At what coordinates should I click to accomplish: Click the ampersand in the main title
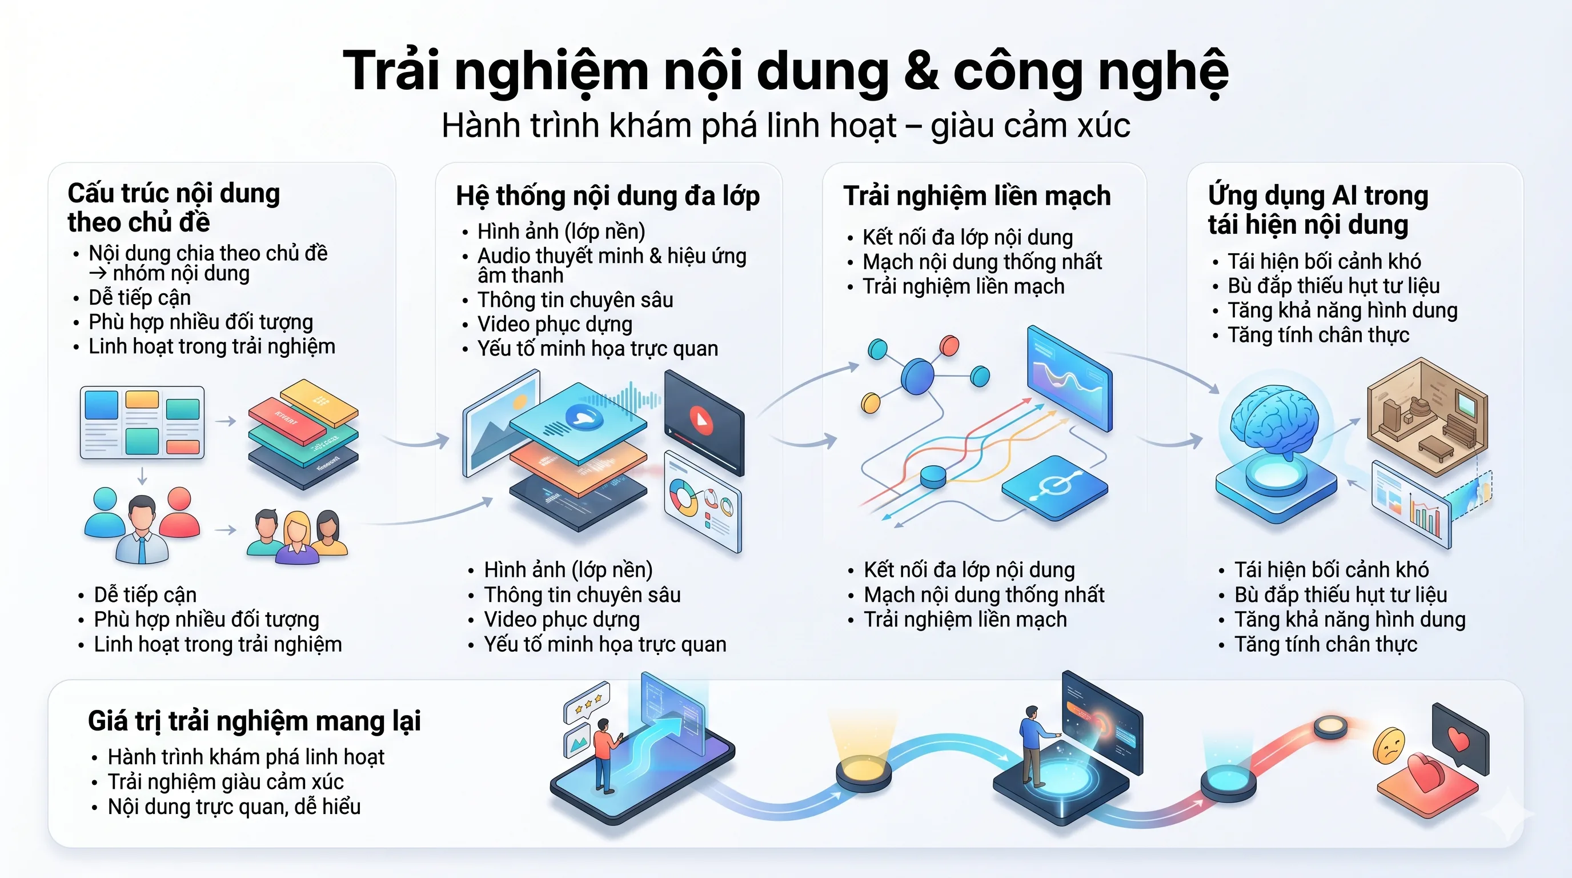coord(921,72)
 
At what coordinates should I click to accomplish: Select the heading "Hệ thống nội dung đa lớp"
coord(608,196)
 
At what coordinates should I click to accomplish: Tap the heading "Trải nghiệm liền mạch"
coord(976,196)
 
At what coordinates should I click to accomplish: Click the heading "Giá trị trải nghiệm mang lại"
coord(254,721)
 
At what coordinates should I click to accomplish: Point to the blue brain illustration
coord(1274,421)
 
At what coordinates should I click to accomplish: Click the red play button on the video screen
coord(700,420)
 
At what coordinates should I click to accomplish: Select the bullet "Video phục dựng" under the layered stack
coord(562,619)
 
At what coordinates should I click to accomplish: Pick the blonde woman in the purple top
coord(296,536)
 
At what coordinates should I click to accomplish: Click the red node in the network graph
coord(949,346)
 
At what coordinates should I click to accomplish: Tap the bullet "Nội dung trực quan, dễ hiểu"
coord(234,807)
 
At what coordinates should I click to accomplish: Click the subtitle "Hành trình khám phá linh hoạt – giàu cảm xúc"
coord(785,125)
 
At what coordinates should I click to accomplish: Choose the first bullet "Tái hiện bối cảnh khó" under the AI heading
coord(1324,261)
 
